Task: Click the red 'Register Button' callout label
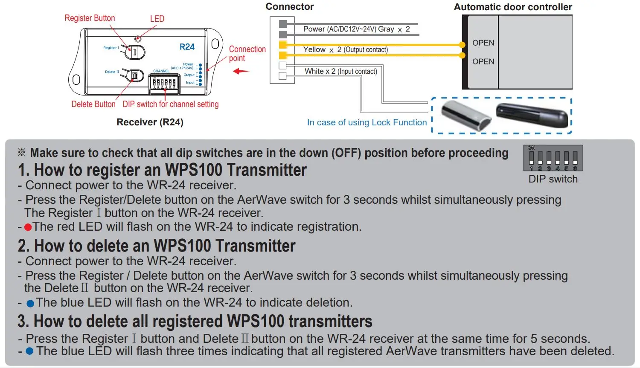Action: click(90, 18)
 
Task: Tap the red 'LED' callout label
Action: click(157, 19)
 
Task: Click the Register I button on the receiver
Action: click(135, 52)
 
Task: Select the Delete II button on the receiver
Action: click(135, 76)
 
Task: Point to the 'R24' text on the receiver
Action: click(187, 47)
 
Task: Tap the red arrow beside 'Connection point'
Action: click(241, 71)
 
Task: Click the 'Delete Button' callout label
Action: click(93, 104)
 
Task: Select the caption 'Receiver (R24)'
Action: click(150, 122)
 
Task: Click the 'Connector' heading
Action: click(289, 7)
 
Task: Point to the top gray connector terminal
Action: click(282, 23)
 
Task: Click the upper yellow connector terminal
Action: click(282, 45)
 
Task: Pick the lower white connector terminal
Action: click(282, 76)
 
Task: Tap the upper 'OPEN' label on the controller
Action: click(483, 43)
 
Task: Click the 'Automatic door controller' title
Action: click(512, 7)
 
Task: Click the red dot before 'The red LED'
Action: click(28, 227)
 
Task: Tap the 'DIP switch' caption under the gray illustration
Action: click(553, 179)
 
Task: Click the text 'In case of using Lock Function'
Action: click(367, 123)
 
